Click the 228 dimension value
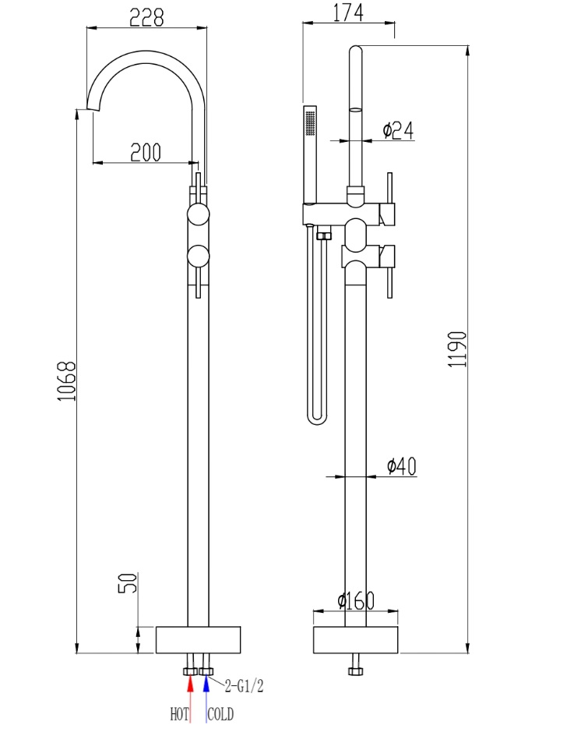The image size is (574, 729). [146, 17]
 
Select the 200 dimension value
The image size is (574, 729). [146, 152]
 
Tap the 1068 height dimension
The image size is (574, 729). [68, 380]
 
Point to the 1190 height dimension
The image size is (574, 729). [457, 349]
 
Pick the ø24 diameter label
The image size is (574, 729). [397, 130]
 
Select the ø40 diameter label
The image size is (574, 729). [401, 466]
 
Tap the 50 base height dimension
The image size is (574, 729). [129, 582]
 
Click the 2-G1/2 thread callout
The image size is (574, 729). [244, 687]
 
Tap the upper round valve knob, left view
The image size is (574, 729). [199, 214]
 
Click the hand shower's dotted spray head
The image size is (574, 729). [310, 122]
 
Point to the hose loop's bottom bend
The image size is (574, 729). [317, 419]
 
